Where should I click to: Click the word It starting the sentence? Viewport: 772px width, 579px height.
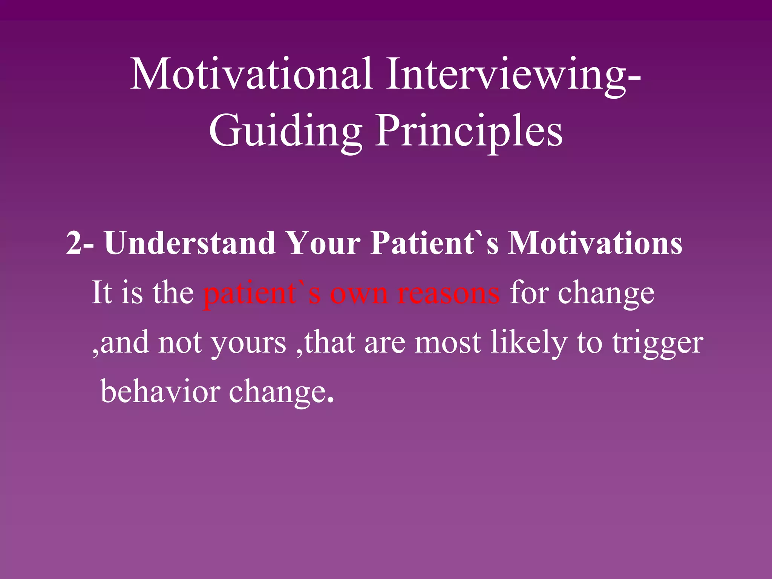click(x=102, y=293)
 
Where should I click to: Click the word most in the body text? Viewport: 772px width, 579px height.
click(x=447, y=343)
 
